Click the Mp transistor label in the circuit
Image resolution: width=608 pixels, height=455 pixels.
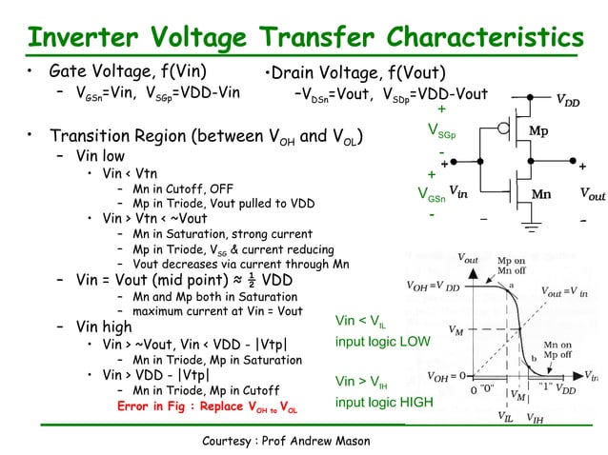[x=538, y=130]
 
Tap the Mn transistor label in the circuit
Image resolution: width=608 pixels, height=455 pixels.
[x=540, y=193]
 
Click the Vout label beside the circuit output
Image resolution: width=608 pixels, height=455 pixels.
[x=591, y=194]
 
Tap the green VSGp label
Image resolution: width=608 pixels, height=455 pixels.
[x=440, y=129]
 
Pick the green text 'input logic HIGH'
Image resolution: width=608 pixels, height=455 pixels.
[x=384, y=402]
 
